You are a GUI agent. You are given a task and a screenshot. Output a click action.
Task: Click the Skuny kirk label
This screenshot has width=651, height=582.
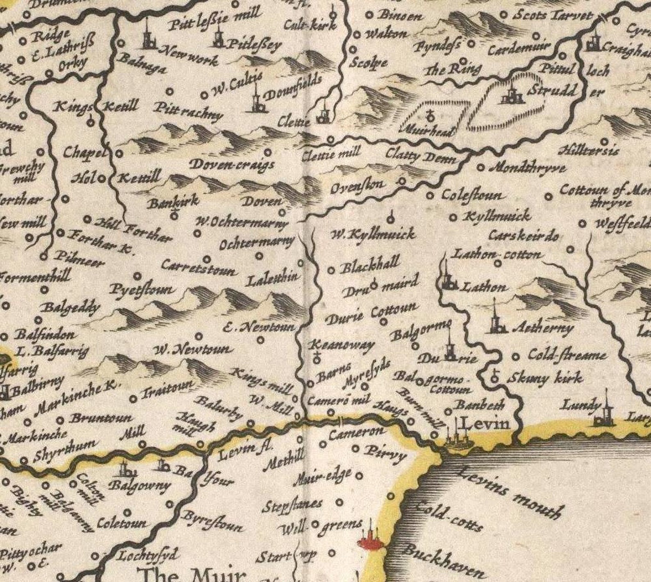click(545, 377)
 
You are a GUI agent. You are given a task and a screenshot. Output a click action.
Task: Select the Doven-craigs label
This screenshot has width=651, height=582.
click(232, 164)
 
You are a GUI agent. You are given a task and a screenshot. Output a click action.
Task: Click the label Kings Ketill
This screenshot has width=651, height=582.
click(97, 107)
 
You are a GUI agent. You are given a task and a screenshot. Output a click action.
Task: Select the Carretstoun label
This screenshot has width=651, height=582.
click(199, 268)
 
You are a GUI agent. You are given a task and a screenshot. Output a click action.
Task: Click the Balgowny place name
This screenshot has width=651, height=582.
click(139, 486)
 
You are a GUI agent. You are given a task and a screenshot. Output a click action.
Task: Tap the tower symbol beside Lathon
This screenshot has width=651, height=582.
click(447, 279)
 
